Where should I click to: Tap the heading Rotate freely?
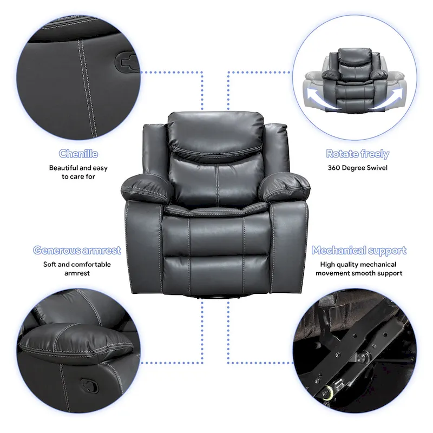click(x=357, y=154)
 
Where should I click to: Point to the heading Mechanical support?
click(x=359, y=250)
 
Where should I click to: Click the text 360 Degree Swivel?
click(x=357, y=168)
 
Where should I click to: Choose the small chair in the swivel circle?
click(x=355, y=78)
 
